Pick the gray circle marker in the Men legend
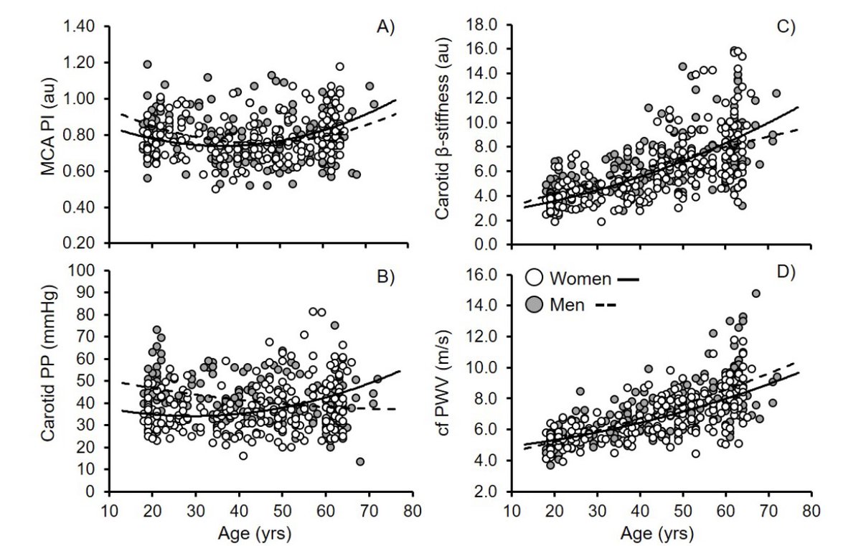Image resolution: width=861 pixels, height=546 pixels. click(532, 304)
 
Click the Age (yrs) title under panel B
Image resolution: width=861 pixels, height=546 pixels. click(259, 533)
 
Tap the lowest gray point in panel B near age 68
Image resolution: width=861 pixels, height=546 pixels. click(360, 461)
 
